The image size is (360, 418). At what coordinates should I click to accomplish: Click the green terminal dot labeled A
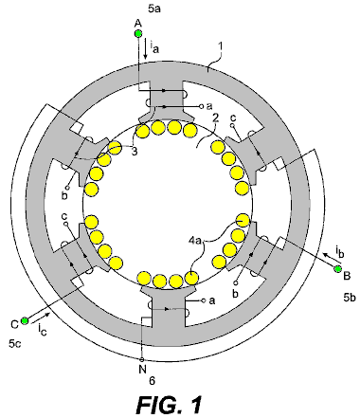pos(138,33)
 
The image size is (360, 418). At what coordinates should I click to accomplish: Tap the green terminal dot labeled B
pos(338,269)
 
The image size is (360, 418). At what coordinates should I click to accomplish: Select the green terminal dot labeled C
pos(25,321)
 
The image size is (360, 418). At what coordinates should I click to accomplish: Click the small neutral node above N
pos(142,359)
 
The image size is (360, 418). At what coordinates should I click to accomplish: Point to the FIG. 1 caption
pos(170,405)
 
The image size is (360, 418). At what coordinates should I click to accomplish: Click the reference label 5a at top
pos(154,9)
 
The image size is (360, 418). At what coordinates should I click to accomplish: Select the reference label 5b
pos(350,298)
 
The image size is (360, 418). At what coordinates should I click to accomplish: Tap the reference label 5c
pos(15,343)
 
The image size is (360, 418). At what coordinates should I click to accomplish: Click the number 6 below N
pos(152,381)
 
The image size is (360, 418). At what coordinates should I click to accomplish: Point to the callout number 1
pos(221,46)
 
